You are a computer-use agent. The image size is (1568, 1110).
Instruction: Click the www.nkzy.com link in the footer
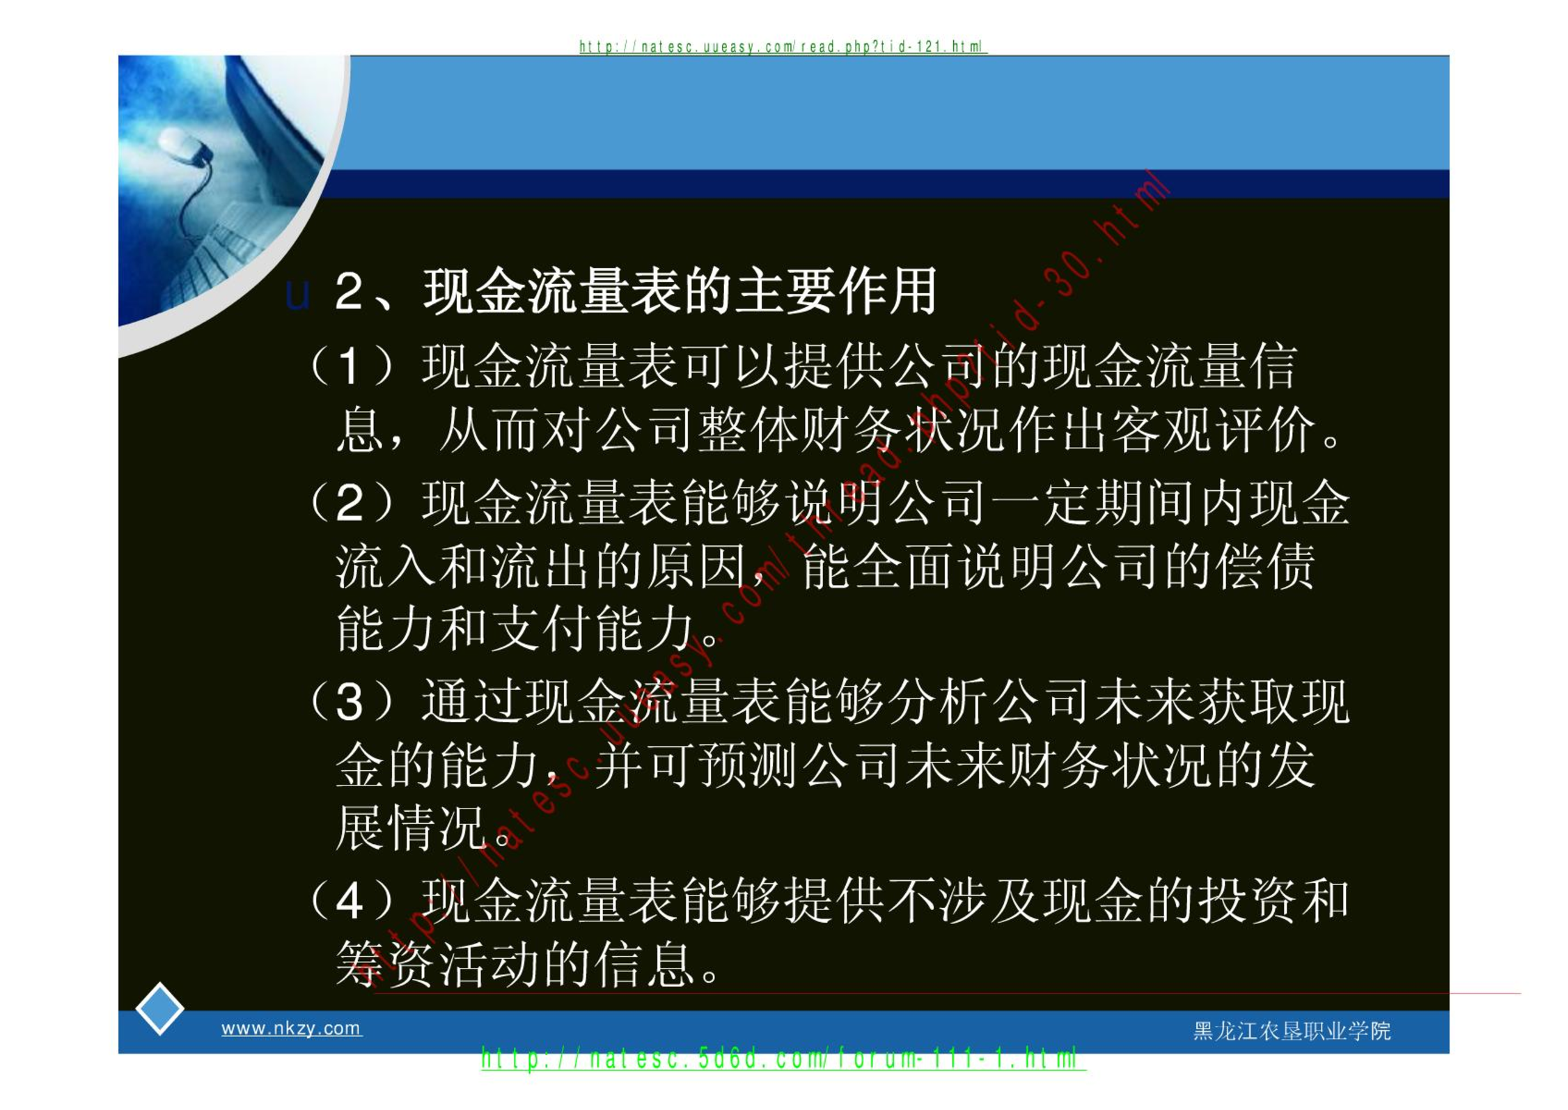point(291,1028)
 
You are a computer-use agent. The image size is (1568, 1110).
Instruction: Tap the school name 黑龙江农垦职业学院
point(1292,1031)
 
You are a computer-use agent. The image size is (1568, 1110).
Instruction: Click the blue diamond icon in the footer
point(159,1009)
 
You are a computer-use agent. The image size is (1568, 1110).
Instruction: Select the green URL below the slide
point(783,1059)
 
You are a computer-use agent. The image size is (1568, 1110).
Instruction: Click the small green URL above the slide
point(783,47)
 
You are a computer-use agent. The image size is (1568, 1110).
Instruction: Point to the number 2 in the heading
point(348,291)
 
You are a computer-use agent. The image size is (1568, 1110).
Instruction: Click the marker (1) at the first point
point(351,366)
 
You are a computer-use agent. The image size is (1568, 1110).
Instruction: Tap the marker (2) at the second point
point(351,502)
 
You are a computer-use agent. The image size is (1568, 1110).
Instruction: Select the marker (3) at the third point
point(351,701)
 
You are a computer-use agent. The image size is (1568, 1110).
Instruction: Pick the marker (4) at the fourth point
point(351,901)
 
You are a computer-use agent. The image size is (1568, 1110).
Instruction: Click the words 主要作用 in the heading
point(835,291)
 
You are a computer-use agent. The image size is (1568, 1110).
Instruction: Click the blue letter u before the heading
point(297,295)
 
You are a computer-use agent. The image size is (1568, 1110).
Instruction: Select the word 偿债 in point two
point(1265,566)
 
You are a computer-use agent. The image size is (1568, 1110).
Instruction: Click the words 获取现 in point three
point(1273,701)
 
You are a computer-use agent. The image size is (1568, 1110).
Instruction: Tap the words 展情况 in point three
point(411,828)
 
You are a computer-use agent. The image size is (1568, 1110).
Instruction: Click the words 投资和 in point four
point(1273,901)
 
